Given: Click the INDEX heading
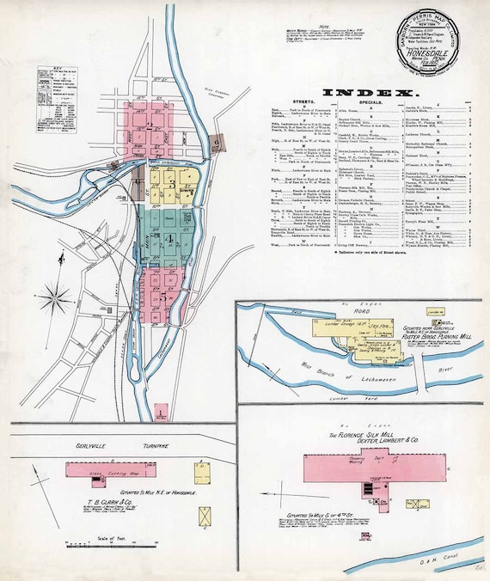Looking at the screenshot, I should pos(371,91).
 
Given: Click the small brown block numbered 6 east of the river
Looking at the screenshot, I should pos(217,142).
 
